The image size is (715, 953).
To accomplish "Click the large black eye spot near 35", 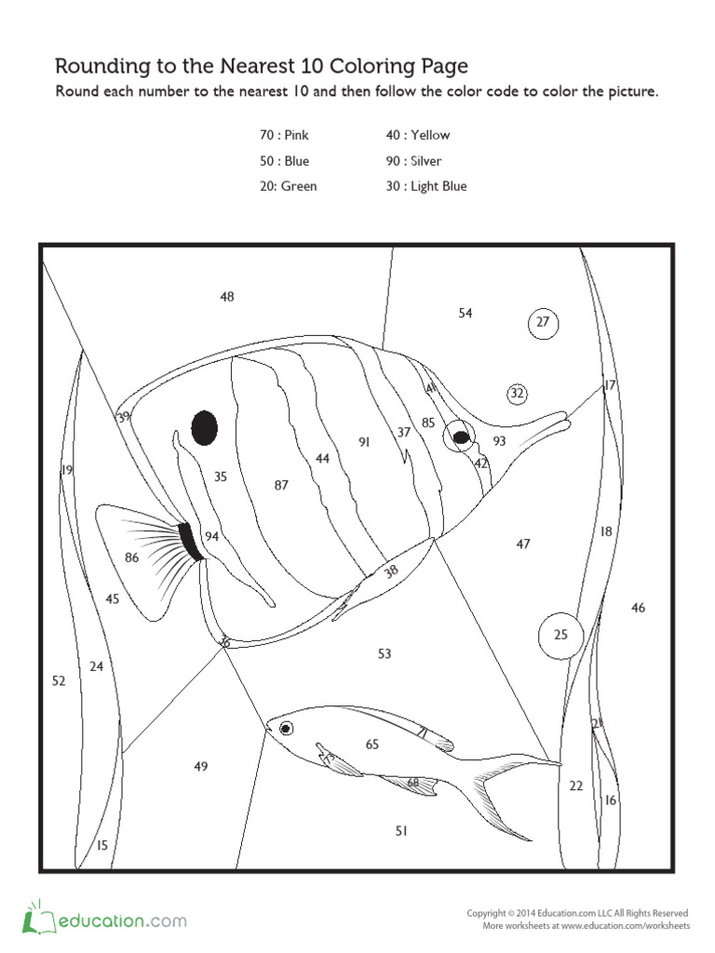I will (205, 428).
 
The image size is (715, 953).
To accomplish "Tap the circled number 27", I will (543, 323).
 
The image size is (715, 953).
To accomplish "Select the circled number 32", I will (518, 394).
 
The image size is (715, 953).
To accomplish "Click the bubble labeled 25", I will (560, 635).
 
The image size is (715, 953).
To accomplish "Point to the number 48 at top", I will (227, 297).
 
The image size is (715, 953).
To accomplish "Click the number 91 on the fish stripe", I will (364, 442).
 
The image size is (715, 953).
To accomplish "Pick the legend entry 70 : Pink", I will (284, 135).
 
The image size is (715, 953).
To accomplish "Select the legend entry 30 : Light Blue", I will (426, 186).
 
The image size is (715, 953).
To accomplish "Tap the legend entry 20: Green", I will (288, 186).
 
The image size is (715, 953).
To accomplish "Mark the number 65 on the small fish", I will (372, 744).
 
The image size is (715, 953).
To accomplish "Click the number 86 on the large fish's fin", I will (131, 557).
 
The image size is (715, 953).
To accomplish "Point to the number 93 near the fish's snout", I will (500, 441).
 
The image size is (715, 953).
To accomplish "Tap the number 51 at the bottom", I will (401, 831).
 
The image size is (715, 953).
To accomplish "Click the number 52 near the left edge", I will (59, 681).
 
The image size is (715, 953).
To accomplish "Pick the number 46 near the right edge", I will (638, 608).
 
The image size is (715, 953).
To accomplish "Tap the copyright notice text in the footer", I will (577, 914).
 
